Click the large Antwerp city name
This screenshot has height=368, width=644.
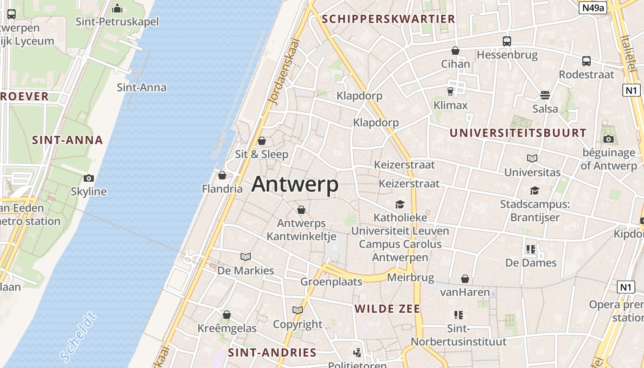[x=295, y=184]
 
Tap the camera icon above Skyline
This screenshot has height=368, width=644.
[x=89, y=178]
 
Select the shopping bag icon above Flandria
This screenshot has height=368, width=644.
[x=222, y=175]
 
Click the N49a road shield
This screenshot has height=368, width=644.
[x=593, y=8]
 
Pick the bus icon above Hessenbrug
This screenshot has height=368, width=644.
[x=507, y=41]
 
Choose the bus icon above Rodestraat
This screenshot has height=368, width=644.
[x=586, y=61]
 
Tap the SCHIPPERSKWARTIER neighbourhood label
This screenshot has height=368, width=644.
[x=389, y=19]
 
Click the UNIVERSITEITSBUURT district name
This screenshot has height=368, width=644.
[x=518, y=133]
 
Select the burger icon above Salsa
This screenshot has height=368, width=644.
[x=545, y=95]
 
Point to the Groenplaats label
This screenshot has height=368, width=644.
[x=331, y=281]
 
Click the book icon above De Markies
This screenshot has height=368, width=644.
[x=246, y=257]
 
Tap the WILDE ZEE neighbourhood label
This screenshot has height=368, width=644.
[x=387, y=309]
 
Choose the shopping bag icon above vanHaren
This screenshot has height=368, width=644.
[x=465, y=279]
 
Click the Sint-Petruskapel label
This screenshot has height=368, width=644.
[x=117, y=22]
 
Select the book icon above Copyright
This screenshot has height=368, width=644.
[x=298, y=310]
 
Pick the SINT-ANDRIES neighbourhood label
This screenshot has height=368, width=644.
[x=272, y=353]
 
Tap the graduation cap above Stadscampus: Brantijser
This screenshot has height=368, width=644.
[x=535, y=190]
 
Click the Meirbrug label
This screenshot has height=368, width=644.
[x=410, y=277]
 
